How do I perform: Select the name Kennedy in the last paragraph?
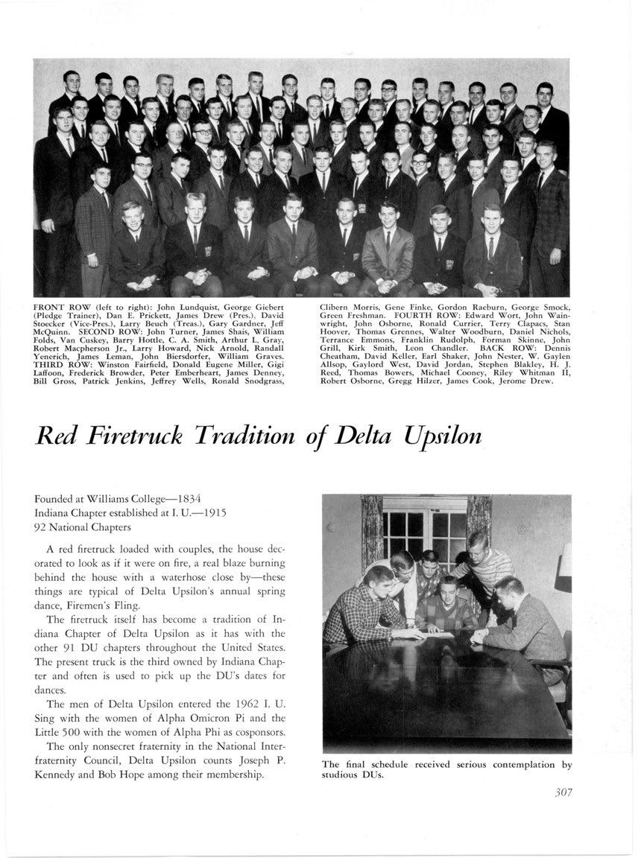[60, 775]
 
